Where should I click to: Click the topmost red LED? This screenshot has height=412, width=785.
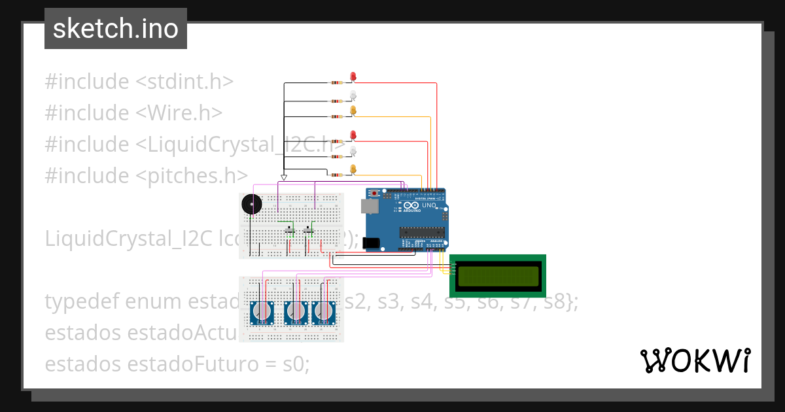click(x=353, y=77)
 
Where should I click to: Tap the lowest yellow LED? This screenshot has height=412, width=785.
click(x=353, y=170)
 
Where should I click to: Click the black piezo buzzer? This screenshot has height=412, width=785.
click(x=251, y=205)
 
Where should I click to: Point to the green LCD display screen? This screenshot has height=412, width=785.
click(x=498, y=276)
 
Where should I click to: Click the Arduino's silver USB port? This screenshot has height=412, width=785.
click(x=370, y=207)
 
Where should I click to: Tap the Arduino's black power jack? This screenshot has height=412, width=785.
click(x=371, y=243)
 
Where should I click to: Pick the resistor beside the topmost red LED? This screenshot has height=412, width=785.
click(x=336, y=83)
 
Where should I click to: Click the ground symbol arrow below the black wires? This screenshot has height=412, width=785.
click(x=284, y=177)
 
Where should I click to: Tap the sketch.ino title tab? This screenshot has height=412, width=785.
click(x=116, y=29)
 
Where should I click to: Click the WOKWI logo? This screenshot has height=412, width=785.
click(x=695, y=361)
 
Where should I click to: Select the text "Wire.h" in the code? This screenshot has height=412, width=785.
click(x=179, y=113)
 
